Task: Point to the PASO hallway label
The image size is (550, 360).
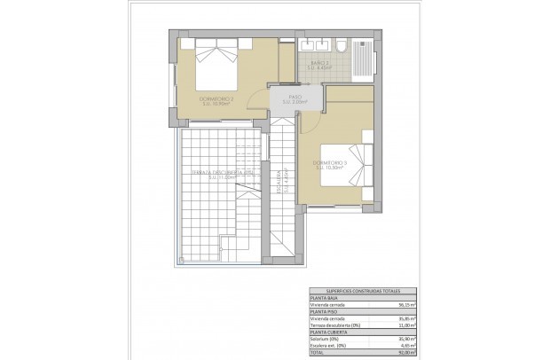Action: click(294, 98)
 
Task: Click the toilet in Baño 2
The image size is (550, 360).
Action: click(337, 45)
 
